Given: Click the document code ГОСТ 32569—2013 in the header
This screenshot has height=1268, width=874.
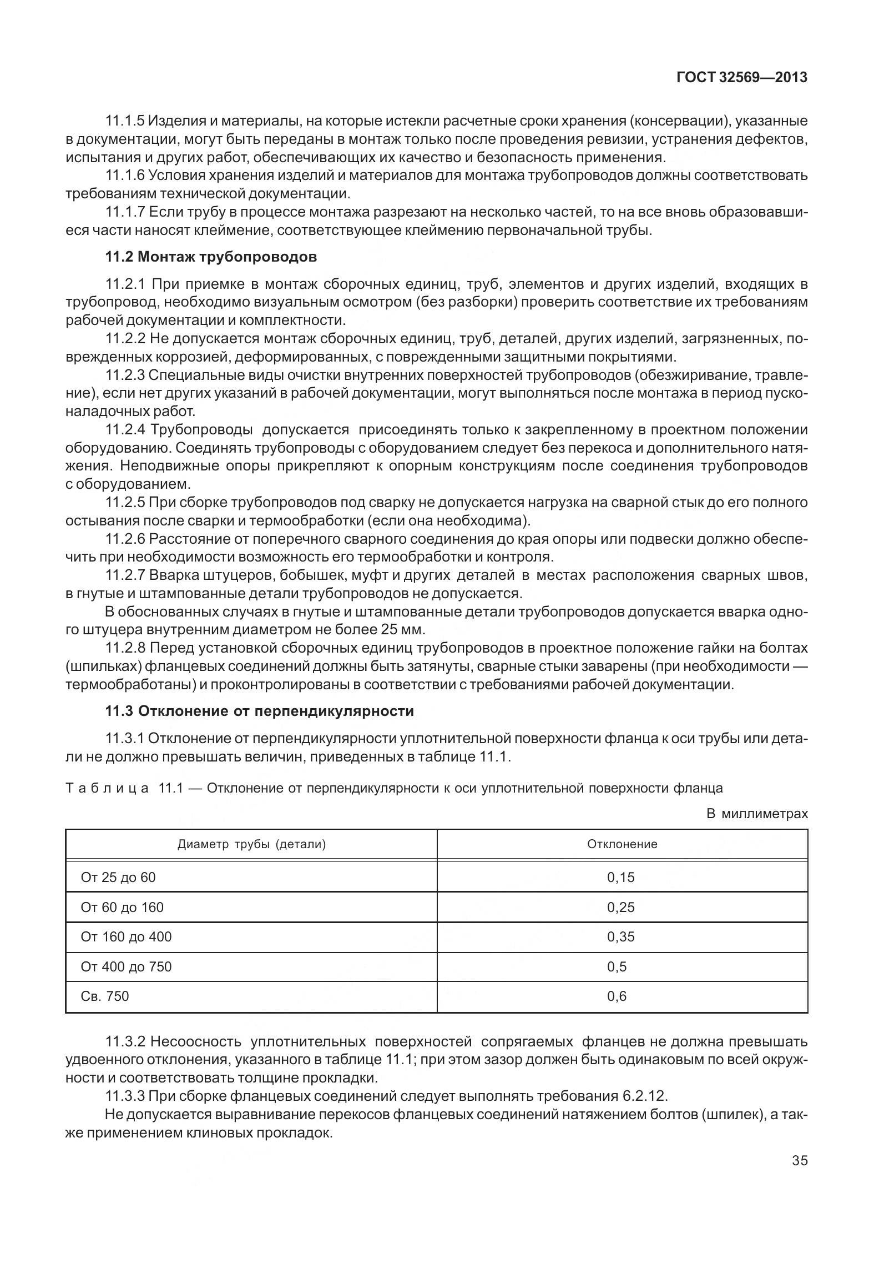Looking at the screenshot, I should pyautogui.click(x=741, y=77).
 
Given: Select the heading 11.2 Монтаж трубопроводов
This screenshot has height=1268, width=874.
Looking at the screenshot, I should pyautogui.click(x=211, y=257).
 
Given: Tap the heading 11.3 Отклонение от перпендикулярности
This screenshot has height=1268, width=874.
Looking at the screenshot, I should pyautogui.click(x=260, y=711).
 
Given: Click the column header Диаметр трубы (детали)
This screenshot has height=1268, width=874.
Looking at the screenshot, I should pyautogui.click(x=251, y=845).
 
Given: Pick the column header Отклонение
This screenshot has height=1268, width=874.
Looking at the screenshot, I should pyautogui.click(x=622, y=845).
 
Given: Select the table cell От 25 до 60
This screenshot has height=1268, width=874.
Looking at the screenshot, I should pyautogui.click(x=118, y=878).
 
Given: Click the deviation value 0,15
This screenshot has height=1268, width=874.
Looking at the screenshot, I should pyautogui.click(x=621, y=878).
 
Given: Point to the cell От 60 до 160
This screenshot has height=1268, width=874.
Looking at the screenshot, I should pyautogui.click(x=122, y=908).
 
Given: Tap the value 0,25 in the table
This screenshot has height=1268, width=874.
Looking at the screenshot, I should pyautogui.click(x=621, y=908).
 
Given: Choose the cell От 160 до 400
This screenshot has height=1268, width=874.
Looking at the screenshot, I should pyautogui.click(x=126, y=937).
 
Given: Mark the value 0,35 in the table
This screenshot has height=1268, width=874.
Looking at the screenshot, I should pyautogui.click(x=621, y=937).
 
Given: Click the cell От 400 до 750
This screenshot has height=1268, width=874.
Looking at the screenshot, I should pyautogui.click(x=126, y=967).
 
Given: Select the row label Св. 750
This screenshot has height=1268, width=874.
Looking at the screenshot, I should pyautogui.click(x=105, y=996).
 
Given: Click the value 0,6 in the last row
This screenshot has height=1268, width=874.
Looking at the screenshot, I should pyautogui.click(x=617, y=996).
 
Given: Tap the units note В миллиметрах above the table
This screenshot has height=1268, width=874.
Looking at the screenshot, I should pyautogui.click(x=757, y=814).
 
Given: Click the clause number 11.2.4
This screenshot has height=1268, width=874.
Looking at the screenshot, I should pyautogui.click(x=125, y=429).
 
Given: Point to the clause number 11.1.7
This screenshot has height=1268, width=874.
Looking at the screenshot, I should pyautogui.click(x=125, y=212).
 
